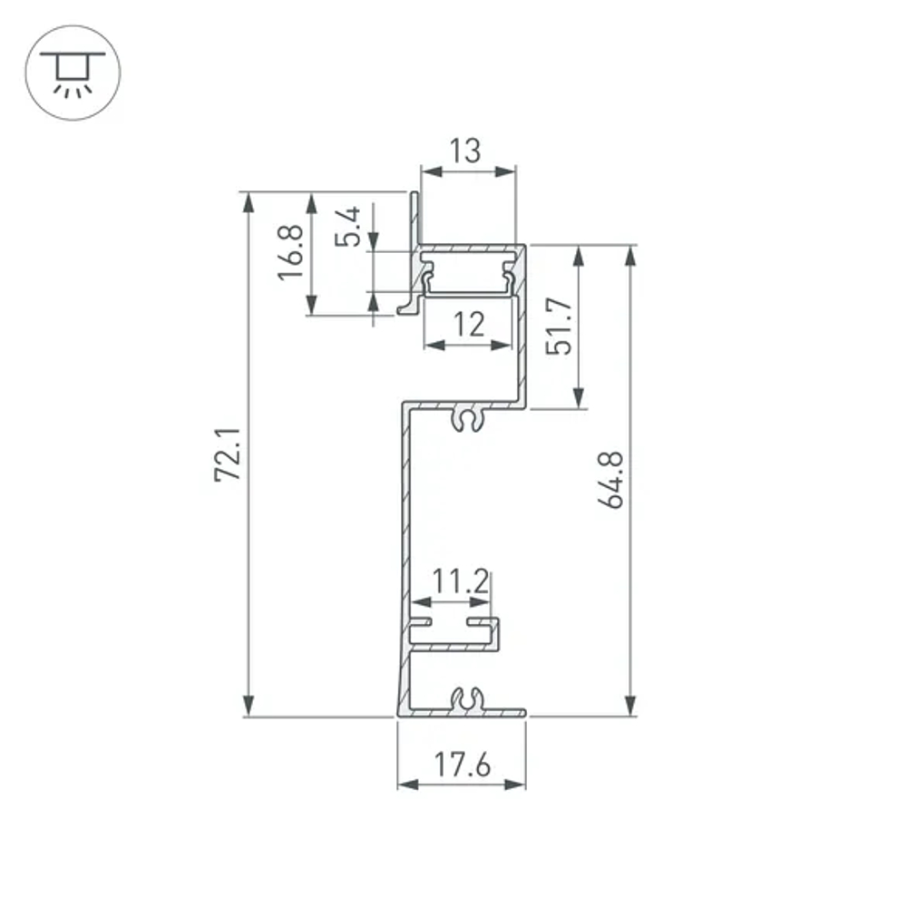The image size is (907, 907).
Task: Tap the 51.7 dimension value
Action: tap(561, 326)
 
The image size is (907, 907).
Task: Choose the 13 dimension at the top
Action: tap(466, 151)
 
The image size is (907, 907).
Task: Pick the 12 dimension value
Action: tap(468, 324)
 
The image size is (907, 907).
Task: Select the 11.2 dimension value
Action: tap(460, 580)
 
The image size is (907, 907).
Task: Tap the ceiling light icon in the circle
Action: tap(71, 72)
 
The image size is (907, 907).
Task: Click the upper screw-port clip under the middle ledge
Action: tap(467, 418)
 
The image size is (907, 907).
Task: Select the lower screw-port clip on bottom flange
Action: tap(467, 698)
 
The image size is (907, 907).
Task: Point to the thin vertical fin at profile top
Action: tap(414, 218)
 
